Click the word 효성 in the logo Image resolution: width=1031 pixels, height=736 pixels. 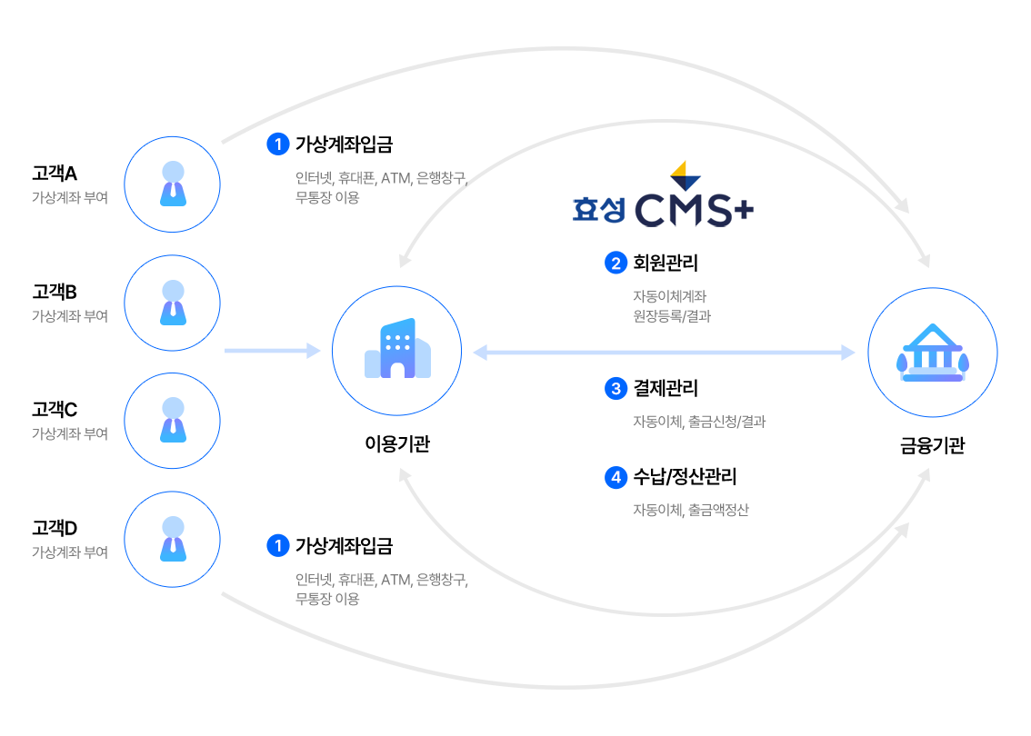pos(598,210)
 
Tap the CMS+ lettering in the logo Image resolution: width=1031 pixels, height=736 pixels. pos(694,210)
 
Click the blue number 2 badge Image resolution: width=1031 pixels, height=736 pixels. pos(616,264)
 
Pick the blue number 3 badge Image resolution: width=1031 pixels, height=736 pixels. pos(616,389)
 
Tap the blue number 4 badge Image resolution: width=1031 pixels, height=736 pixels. pos(616,477)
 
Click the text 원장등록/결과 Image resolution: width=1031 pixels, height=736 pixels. pos(671,316)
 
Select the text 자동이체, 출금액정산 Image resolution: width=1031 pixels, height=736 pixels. pos(690,510)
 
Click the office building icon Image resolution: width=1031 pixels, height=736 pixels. pos(395,351)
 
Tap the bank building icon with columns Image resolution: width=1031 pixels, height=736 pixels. pos(932,353)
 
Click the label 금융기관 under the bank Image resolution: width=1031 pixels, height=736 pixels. pos(932,446)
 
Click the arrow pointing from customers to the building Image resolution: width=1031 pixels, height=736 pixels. pos(273,351)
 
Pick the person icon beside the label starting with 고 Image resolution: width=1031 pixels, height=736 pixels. pos(173,303)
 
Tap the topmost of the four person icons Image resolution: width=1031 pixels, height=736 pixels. pos(173,184)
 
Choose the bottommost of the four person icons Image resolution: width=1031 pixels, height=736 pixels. pos(173,539)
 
